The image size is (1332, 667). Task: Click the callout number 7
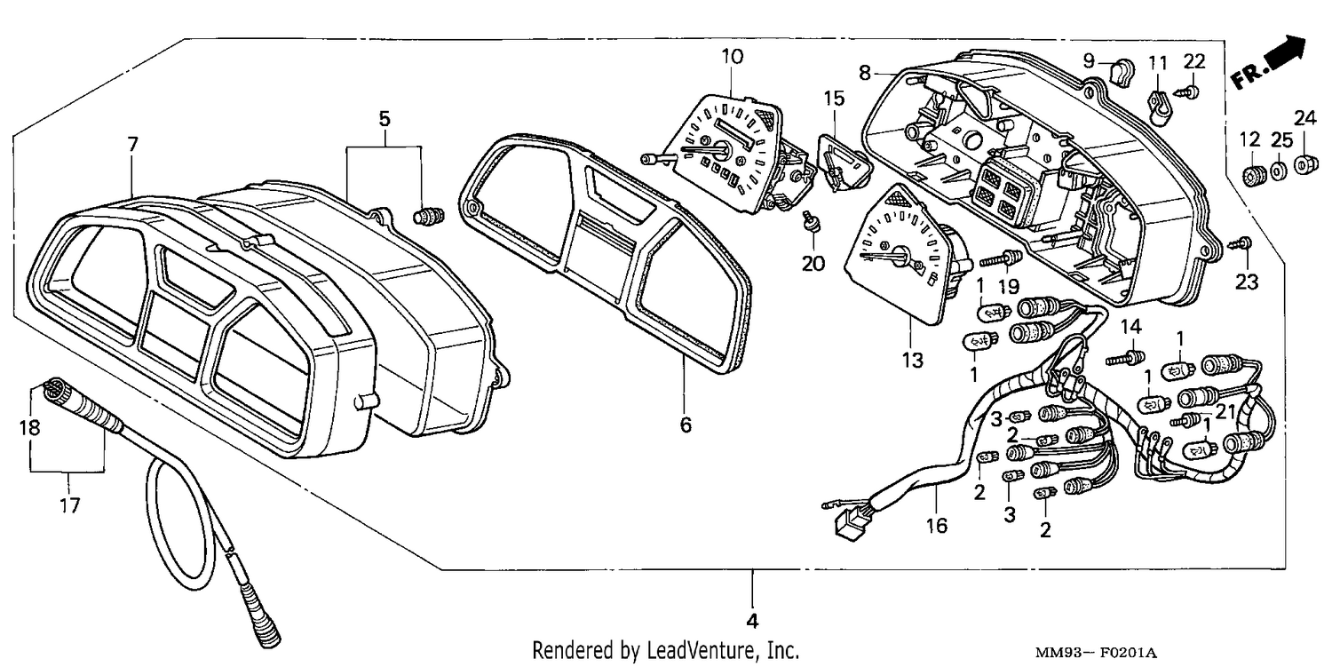tap(132, 145)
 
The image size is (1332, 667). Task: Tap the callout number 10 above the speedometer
tap(733, 57)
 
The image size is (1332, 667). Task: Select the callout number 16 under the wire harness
tap(937, 526)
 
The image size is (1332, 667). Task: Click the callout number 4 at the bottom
tap(752, 621)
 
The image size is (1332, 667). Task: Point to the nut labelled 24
tap(1303, 164)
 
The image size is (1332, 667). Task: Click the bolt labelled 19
tap(1001, 259)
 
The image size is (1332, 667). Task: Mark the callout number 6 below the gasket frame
tap(686, 425)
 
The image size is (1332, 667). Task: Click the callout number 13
tap(913, 360)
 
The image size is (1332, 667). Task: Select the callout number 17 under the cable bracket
tap(69, 505)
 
